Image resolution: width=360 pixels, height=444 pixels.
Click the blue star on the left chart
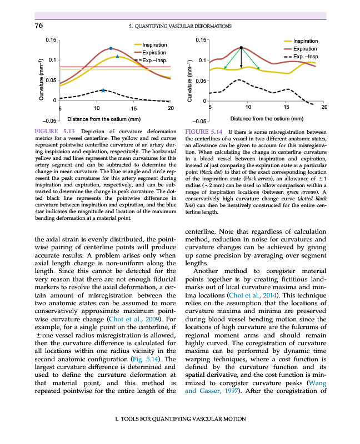tap(104, 89)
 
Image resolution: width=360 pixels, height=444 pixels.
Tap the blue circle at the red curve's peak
tap(111, 48)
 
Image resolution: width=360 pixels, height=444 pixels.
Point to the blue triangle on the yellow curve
tap(117, 57)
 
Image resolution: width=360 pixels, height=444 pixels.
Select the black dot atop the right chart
tap(241, 48)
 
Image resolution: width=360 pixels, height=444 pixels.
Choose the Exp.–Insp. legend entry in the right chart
tap(302, 57)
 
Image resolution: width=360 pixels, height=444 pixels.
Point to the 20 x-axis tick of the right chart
tap(324, 106)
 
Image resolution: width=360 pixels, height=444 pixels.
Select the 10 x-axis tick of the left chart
tap(97, 107)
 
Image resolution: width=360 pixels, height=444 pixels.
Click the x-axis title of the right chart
tap(266, 118)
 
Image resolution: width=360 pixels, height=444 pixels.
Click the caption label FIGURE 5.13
tap(51, 132)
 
